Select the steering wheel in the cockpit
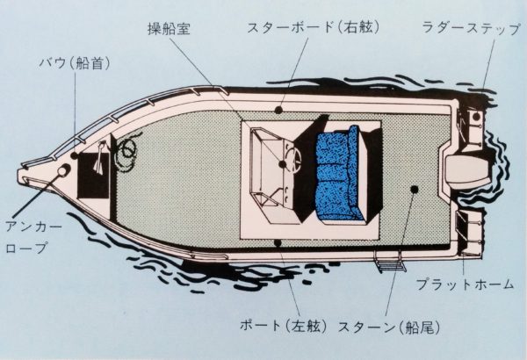287,162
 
